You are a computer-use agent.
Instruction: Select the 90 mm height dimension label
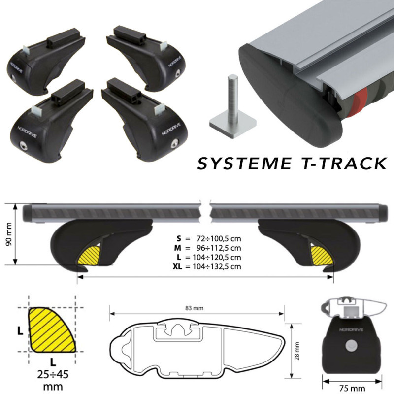pyautogui.click(x=8, y=234)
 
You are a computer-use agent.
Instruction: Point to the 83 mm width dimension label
pyautogui.click(x=194, y=308)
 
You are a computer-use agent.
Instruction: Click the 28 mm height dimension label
pyautogui.click(x=297, y=351)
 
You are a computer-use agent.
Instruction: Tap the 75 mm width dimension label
pyautogui.click(x=352, y=388)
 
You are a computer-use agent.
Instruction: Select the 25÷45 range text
pyautogui.click(x=53, y=375)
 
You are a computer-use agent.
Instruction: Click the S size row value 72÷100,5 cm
pyautogui.click(x=218, y=238)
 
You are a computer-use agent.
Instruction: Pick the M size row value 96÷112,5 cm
pyautogui.click(x=218, y=248)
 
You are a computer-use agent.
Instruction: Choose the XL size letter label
pyautogui.click(x=177, y=266)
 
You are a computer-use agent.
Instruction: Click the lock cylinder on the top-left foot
pyautogui.click(x=14, y=77)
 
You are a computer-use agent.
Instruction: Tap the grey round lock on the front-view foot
pyautogui.click(x=351, y=346)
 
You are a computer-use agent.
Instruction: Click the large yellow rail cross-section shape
pyautogui.click(x=52, y=329)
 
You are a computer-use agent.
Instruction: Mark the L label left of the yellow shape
pyautogui.click(x=20, y=331)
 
